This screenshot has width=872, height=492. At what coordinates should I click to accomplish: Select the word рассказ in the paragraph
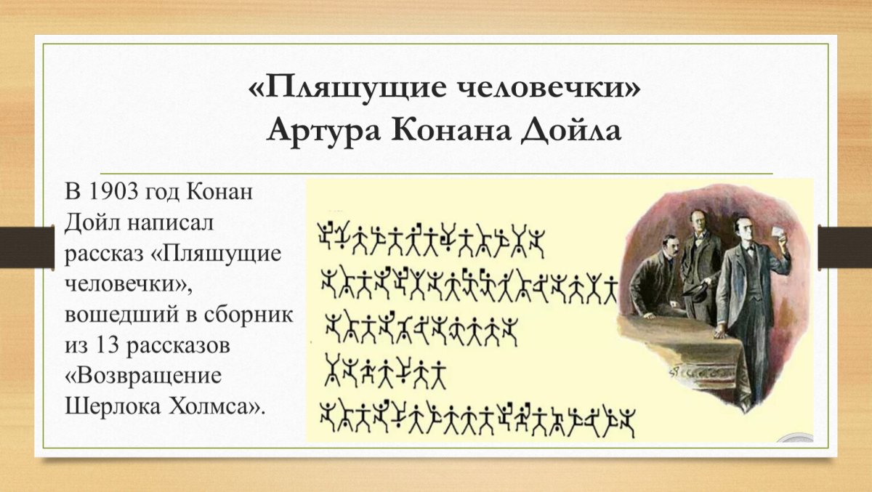(100, 249)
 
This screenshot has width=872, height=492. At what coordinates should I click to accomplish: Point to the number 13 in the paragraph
(110, 344)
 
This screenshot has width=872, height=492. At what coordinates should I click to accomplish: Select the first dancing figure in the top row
(325, 235)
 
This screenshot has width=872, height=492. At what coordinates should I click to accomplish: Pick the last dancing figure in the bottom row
(626, 419)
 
